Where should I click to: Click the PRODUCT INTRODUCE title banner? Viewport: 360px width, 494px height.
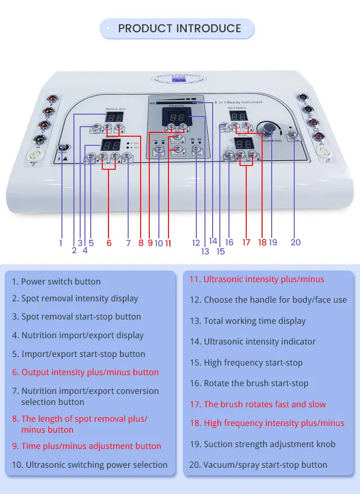(179, 29)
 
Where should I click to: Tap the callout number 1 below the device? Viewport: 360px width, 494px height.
(61, 243)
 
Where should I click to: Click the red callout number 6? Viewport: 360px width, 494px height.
(109, 243)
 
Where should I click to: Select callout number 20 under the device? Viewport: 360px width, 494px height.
(296, 242)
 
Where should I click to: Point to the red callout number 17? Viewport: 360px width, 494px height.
(246, 243)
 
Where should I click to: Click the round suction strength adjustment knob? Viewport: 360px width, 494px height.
(267, 127)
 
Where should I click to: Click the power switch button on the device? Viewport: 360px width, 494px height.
(62, 149)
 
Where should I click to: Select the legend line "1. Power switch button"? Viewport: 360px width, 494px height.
(56, 282)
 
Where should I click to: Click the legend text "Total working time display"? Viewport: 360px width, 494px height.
(254, 321)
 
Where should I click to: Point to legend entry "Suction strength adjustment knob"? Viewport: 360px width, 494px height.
(269, 444)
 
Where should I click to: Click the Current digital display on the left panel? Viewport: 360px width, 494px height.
(112, 145)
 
